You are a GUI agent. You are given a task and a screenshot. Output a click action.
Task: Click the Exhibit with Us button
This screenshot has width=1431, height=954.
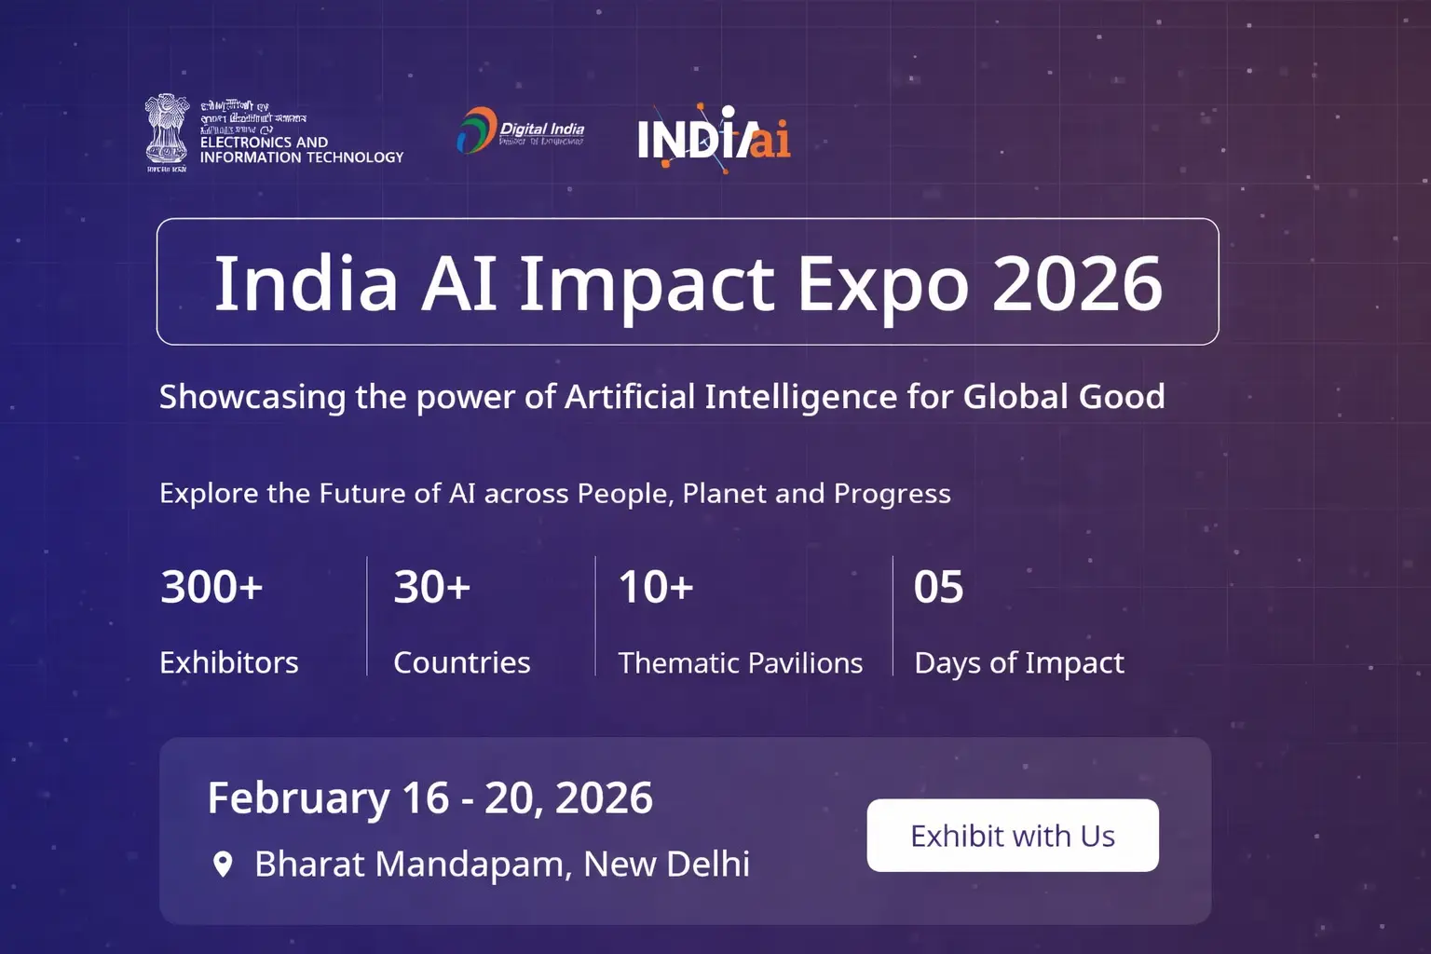pos(1013,836)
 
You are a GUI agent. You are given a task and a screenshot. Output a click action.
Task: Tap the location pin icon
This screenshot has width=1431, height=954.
pos(223,865)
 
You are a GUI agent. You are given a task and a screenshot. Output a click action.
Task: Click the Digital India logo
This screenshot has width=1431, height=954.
pos(521,131)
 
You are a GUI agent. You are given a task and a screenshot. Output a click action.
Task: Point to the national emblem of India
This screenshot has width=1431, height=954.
pos(167,131)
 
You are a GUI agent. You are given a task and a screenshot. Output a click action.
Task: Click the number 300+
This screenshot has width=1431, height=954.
pos(211,587)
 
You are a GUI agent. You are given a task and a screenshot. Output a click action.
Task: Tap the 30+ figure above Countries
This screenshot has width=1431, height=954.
pos(431,587)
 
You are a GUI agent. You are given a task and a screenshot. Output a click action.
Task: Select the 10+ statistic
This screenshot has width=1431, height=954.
pos(656,587)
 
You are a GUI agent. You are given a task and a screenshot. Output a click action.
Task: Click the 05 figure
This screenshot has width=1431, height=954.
pos(938,587)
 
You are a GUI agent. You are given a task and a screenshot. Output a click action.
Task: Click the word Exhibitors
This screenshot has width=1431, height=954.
pos(229,662)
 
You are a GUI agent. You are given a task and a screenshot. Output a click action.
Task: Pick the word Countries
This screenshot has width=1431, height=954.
pos(461,662)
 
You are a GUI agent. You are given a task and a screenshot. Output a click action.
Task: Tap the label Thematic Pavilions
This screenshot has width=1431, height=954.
pos(741,662)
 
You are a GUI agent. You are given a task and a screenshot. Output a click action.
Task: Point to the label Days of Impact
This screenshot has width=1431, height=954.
pos(1019,662)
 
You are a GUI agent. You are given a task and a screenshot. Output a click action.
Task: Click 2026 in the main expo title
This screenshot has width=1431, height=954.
pos(1077,283)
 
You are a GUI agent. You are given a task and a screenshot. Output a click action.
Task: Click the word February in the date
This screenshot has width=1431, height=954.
pos(298,798)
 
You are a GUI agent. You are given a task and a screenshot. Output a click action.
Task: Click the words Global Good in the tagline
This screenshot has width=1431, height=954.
pos(1063,397)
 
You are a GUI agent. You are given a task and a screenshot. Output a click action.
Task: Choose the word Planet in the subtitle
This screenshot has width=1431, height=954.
pos(724,493)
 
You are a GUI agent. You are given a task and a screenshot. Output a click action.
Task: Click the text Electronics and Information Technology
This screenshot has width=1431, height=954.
pos(301,150)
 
